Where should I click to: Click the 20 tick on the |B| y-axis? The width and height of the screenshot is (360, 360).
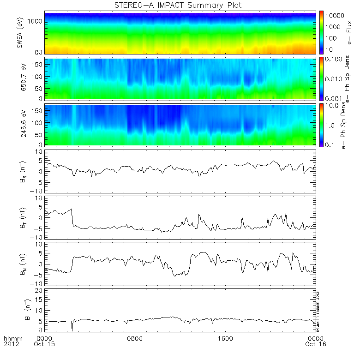(41, 290)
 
